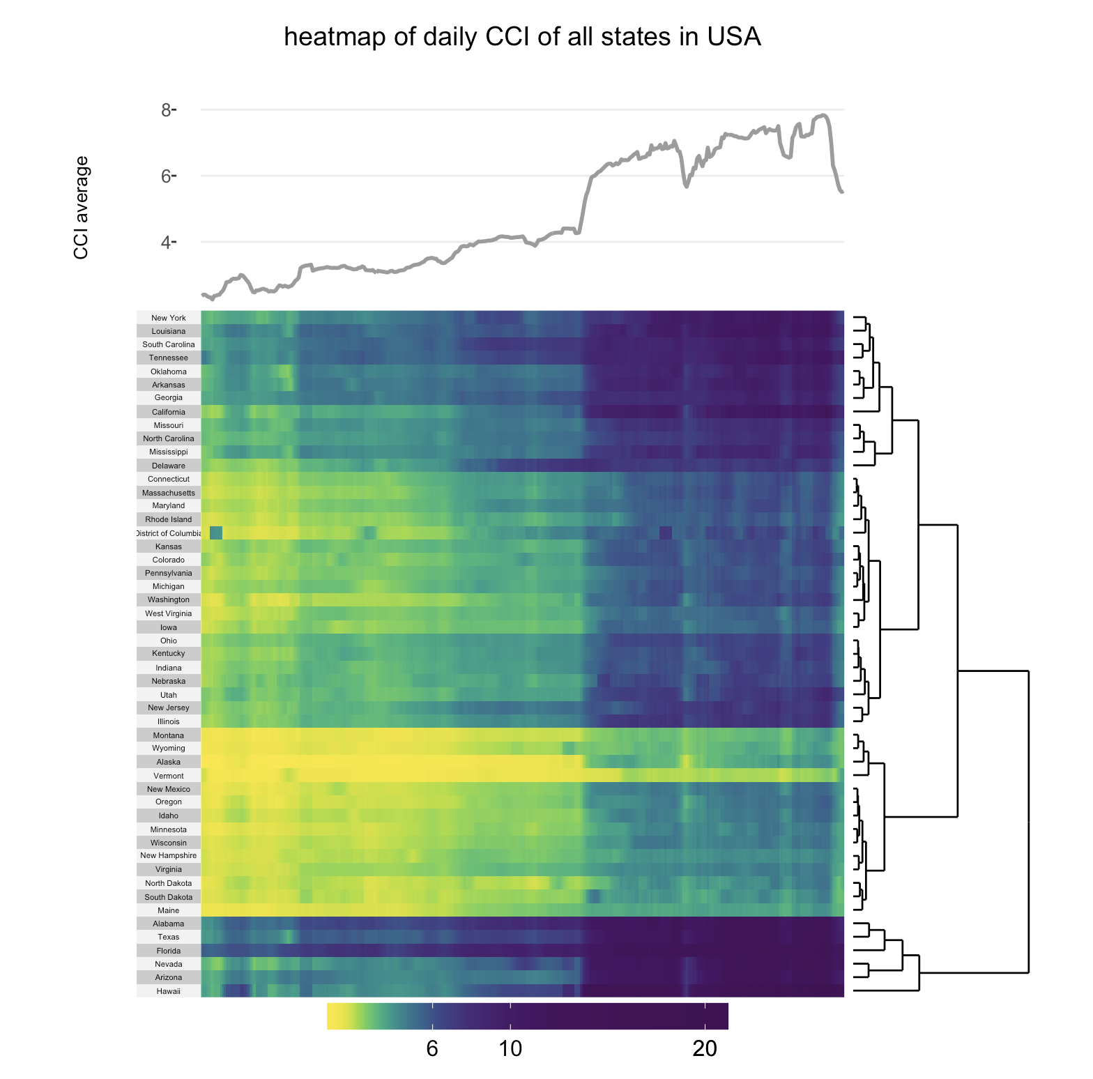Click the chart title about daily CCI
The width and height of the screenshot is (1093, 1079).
[x=522, y=37]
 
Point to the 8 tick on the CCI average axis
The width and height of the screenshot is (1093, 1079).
[x=167, y=110]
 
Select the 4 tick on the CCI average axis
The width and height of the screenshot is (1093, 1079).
[x=167, y=243]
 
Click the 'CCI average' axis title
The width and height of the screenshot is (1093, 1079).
[x=82, y=208]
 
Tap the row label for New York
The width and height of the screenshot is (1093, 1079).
[x=169, y=318]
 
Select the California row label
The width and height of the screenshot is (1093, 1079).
[x=169, y=412]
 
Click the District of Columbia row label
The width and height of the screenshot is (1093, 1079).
[x=169, y=533]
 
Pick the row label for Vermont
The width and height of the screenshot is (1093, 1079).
[x=169, y=776]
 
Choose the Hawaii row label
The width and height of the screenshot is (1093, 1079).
[x=169, y=991]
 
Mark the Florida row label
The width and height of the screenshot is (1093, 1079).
[x=169, y=951]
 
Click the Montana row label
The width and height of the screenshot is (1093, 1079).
[x=169, y=735]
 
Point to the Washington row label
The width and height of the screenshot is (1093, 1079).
[x=169, y=599]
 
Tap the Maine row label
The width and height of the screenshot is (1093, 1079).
[x=169, y=910]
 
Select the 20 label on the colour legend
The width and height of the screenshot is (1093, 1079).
[x=705, y=1049]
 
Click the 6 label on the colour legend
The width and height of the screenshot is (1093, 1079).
[x=432, y=1049]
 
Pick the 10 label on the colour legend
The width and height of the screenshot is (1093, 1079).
[x=510, y=1049]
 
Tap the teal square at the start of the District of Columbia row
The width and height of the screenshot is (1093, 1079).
[x=216, y=533]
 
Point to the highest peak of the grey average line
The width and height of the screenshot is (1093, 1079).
[x=823, y=115]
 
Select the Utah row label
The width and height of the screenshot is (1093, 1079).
[x=169, y=695]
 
